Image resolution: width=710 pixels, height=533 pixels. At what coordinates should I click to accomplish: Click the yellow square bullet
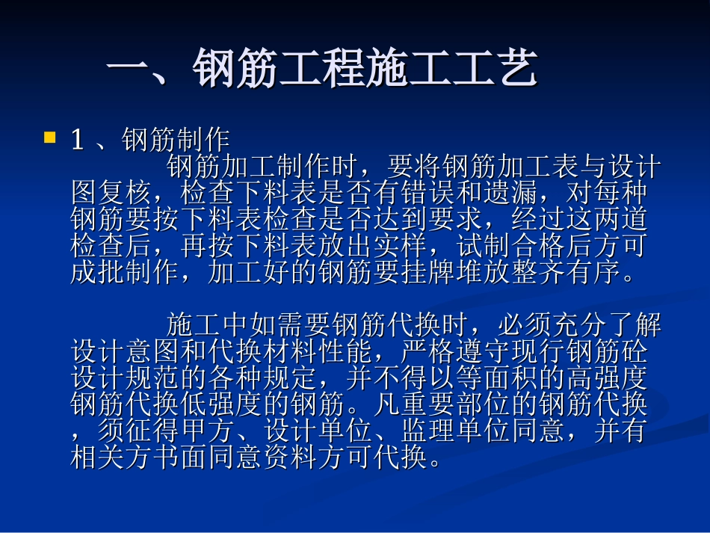click(x=50, y=137)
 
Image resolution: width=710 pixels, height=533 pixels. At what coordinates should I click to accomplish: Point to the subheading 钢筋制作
click(x=176, y=140)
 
